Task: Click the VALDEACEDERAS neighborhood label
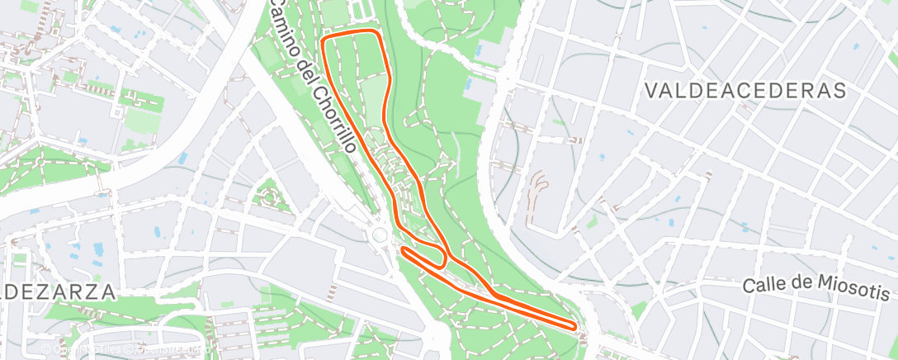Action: [747, 90]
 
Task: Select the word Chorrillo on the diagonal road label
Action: [334, 121]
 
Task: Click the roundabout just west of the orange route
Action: [380, 236]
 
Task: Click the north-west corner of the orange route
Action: [324, 38]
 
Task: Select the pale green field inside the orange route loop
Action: [371, 91]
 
